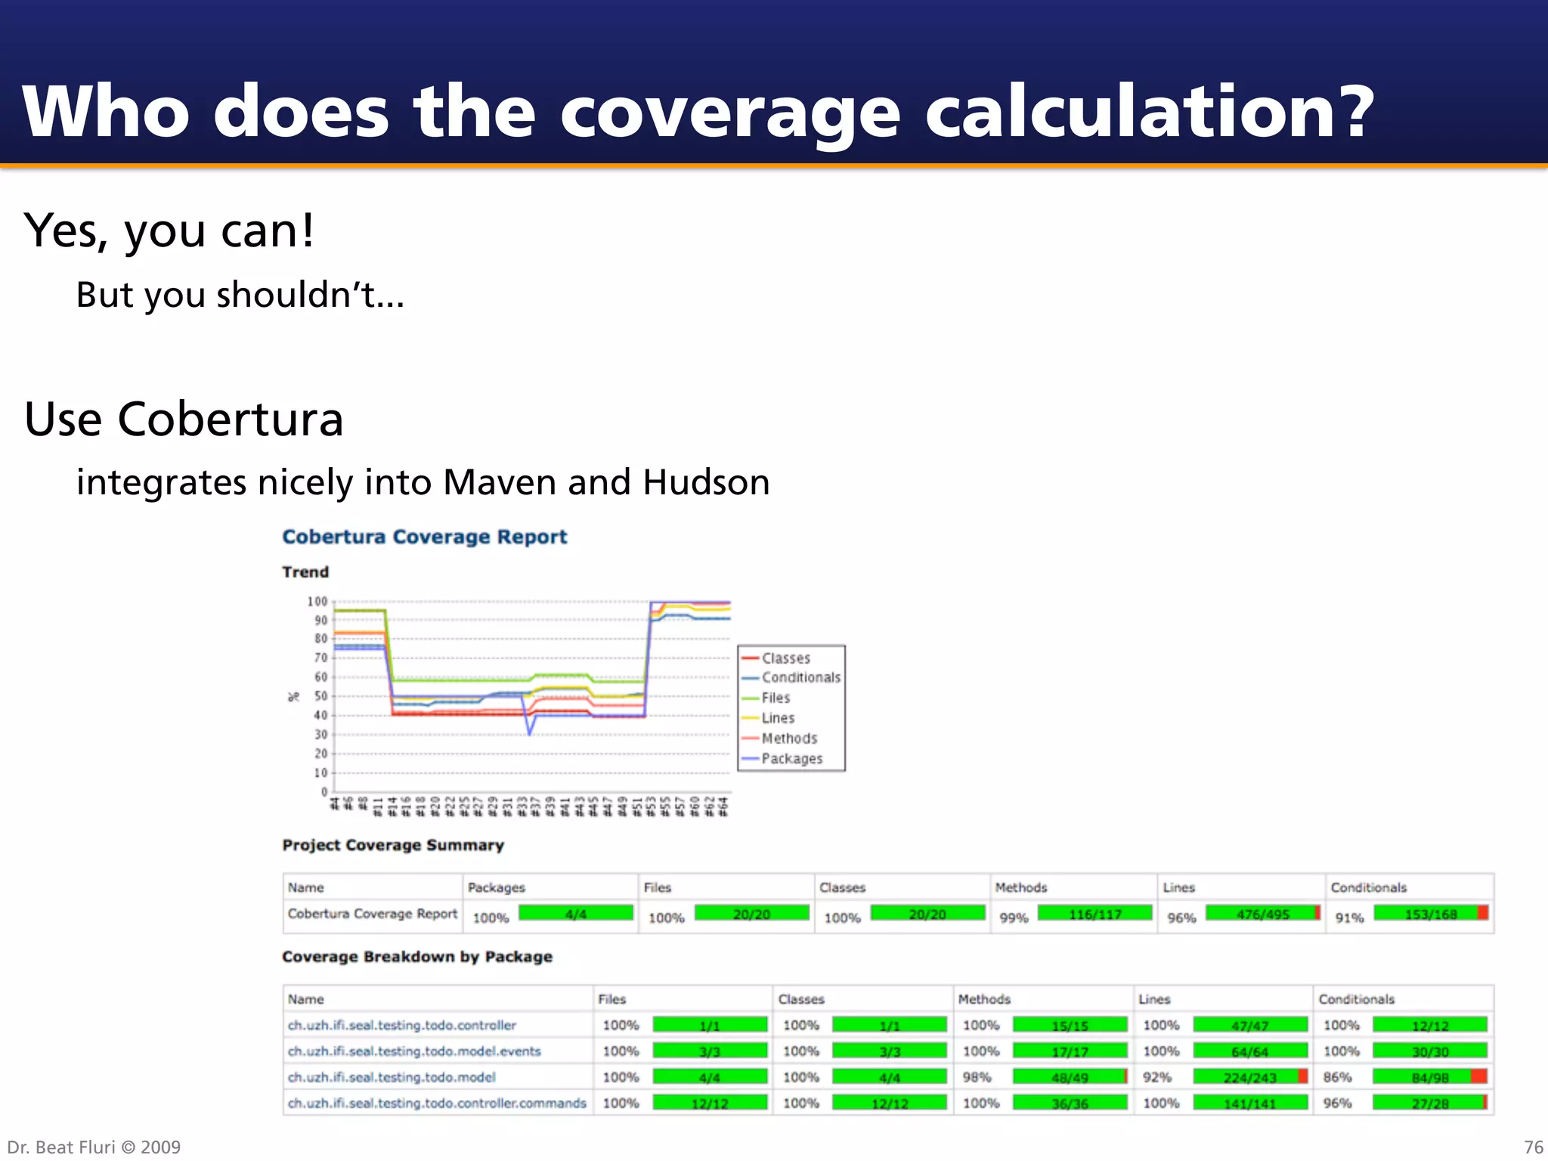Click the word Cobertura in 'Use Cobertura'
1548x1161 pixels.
(231, 420)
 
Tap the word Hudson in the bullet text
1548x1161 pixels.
(706, 482)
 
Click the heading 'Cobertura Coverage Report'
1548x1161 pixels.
(424, 537)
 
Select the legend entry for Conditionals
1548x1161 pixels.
(800, 677)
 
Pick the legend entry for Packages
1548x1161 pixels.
(791, 758)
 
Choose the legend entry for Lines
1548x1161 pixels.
(778, 718)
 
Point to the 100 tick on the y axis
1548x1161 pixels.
(317, 602)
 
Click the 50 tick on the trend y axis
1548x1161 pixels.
(321, 696)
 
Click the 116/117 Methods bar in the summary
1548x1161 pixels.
(1094, 914)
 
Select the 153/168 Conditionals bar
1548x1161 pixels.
(1430, 914)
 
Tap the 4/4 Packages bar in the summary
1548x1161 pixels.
(576, 914)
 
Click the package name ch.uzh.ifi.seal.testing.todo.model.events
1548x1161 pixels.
(414, 1051)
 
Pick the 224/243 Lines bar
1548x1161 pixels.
(1250, 1077)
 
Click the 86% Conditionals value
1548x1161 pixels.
(1337, 1077)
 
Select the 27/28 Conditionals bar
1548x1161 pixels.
(1430, 1104)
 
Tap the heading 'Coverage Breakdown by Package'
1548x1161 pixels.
(417, 957)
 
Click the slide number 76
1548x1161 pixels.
(1533, 1147)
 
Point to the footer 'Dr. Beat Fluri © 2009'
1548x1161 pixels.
(94, 1147)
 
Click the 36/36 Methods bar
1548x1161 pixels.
(1070, 1104)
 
